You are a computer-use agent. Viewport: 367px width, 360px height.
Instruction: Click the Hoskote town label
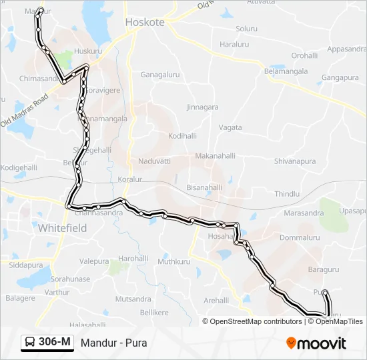click(145, 22)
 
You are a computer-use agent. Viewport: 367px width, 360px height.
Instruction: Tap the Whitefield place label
click(62, 227)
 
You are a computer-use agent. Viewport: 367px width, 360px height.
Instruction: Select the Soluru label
click(246, 29)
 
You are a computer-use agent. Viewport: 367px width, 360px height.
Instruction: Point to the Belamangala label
click(286, 71)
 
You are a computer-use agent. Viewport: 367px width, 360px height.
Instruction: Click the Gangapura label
click(340, 77)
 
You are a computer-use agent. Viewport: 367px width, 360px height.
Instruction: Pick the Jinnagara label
click(203, 107)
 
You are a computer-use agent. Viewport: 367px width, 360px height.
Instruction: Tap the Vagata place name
click(230, 127)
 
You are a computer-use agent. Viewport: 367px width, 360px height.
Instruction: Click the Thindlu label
click(287, 193)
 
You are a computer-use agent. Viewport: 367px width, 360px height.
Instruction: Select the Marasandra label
click(303, 213)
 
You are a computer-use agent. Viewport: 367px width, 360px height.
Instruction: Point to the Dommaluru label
click(300, 237)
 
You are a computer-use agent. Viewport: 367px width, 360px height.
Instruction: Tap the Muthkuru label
click(174, 262)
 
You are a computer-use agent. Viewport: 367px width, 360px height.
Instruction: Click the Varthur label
click(57, 292)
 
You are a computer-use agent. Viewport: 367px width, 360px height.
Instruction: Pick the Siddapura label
click(26, 265)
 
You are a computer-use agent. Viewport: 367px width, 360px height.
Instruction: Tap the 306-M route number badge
click(55, 343)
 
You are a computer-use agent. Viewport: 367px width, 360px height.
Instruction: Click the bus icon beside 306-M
click(31, 343)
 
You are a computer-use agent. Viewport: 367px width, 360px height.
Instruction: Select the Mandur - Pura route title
click(113, 343)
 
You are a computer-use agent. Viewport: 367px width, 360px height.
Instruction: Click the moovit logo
click(316, 343)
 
